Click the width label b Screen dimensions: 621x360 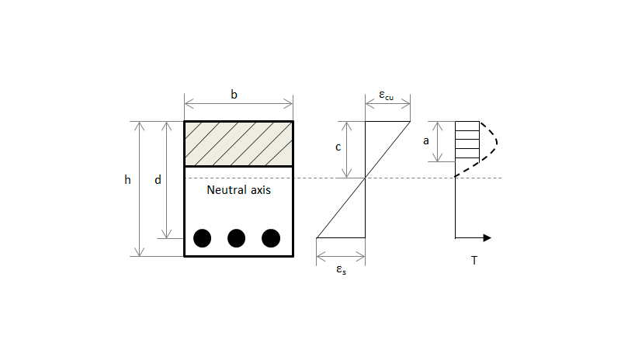click(234, 95)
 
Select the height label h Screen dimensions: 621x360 click(127, 180)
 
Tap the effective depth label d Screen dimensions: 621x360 click(158, 180)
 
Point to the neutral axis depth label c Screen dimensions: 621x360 click(338, 147)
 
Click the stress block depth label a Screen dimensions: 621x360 click(425, 140)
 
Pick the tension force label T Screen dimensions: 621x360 click(474, 260)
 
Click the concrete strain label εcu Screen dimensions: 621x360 click(386, 95)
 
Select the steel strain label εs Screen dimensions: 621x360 click(341, 270)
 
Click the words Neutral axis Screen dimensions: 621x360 click(239, 190)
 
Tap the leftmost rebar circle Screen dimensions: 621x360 click(202, 238)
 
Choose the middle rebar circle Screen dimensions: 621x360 click(237, 238)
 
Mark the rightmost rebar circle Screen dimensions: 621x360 click(271, 238)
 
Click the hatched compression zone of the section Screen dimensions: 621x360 click(239, 144)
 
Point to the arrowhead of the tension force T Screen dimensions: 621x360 click(487, 237)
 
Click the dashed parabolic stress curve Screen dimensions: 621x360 click(497, 143)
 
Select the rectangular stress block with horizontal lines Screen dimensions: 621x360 click(467, 141)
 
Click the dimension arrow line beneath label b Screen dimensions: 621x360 click(239, 105)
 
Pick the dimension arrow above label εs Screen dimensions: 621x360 click(341, 257)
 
